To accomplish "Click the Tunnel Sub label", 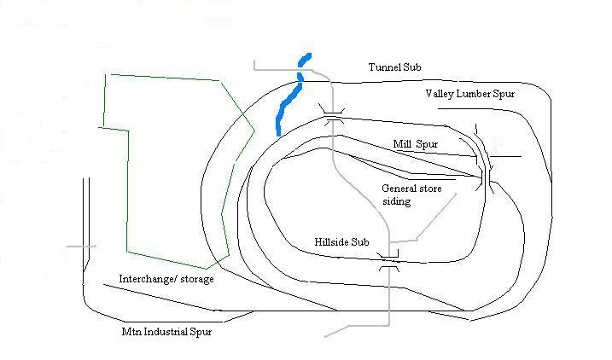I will click(x=394, y=67).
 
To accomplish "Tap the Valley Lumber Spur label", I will click(x=469, y=93).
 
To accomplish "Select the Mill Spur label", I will click(x=415, y=144).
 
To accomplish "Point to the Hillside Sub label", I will click(x=341, y=243).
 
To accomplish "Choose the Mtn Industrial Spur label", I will click(x=166, y=332).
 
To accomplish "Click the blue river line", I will click(x=290, y=98).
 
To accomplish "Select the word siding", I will click(x=396, y=202).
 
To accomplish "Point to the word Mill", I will click(x=403, y=144).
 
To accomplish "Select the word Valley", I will click(x=441, y=93).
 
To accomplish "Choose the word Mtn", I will click(x=132, y=332).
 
